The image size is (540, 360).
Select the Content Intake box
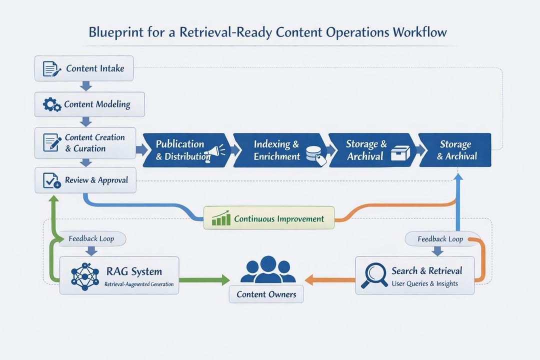coord(84,68)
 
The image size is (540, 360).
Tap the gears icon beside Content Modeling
coord(52,104)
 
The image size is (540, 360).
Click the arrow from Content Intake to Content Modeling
coord(86,86)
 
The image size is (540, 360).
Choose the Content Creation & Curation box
coord(85,142)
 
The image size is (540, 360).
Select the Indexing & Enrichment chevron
coord(277,150)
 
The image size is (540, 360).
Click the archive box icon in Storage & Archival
coord(400,153)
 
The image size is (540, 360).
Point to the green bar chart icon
coord(220,218)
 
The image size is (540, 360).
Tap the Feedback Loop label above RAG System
coord(91,238)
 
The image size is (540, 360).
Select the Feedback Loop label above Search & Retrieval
coord(440,238)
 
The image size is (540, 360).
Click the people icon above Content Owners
coord(267,270)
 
